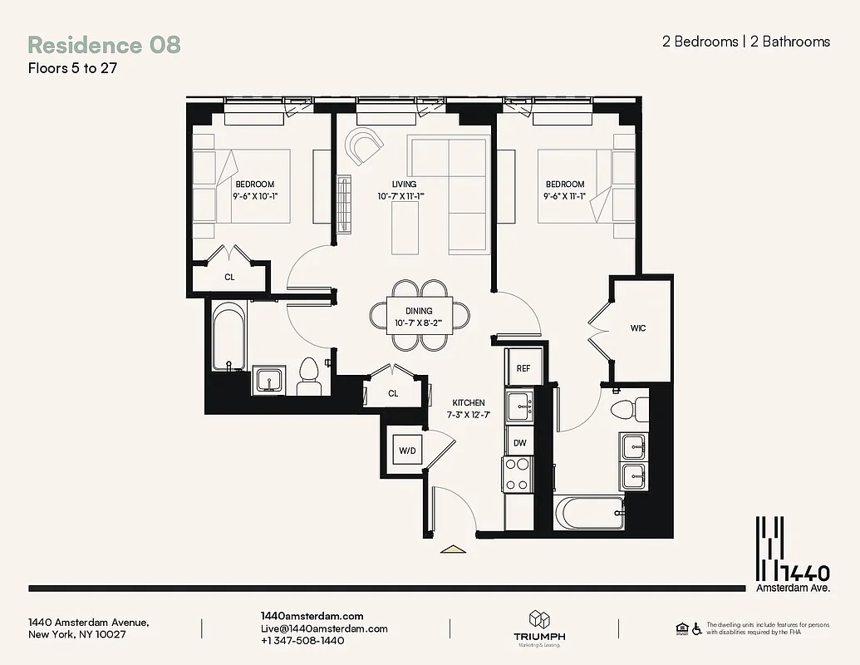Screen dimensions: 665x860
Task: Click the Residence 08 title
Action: click(x=104, y=45)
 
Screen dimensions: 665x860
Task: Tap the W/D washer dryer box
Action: click(x=407, y=451)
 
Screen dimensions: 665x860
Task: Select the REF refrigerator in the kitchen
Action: click(x=523, y=368)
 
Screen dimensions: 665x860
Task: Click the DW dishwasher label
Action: click(x=519, y=443)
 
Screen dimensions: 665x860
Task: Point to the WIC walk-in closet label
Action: click(x=638, y=328)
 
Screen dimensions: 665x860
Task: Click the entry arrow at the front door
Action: click(x=453, y=549)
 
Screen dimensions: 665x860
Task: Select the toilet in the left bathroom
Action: click(x=308, y=378)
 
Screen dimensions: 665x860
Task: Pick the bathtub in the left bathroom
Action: click(x=228, y=337)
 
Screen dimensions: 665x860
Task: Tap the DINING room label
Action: click(x=420, y=312)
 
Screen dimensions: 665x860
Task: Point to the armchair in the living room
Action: click(x=364, y=146)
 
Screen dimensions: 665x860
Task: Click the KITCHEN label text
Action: click(x=469, y=402)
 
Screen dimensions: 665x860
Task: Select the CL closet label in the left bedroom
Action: click(x=229, y=277)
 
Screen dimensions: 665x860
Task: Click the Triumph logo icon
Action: click(x=539, y=620)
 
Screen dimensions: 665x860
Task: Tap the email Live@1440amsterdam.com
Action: click(x=324, y=628)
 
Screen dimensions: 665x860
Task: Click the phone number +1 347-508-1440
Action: click(x=302, y=641)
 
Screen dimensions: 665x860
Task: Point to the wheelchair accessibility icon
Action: click(x=697, y=628)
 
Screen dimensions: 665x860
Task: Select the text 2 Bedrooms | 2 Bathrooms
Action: click(x=745, y=42)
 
